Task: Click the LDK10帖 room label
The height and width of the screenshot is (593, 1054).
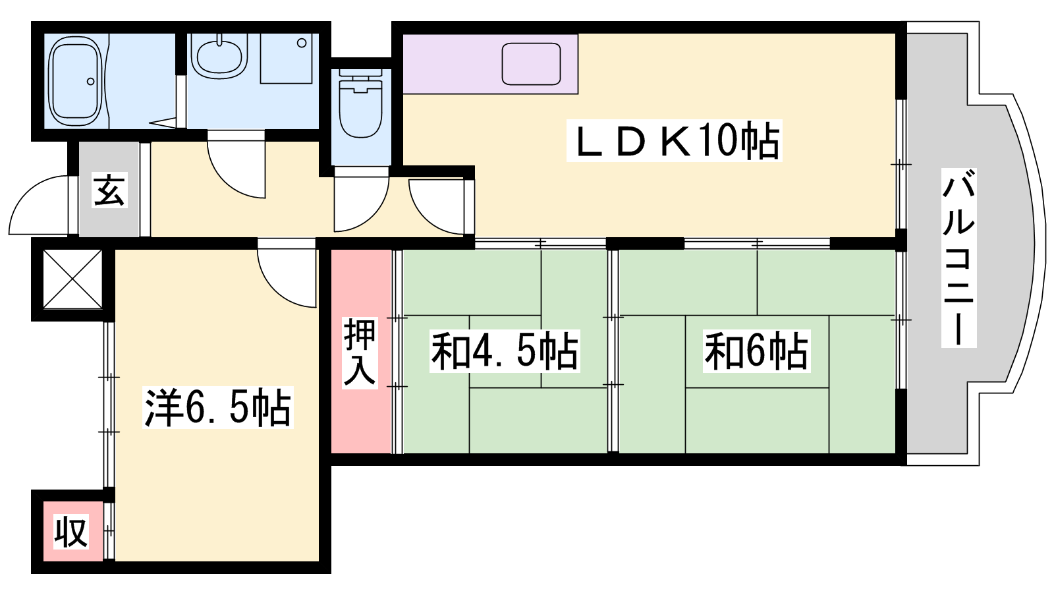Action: coord(674,140)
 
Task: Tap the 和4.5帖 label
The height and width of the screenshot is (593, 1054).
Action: coord(505,351)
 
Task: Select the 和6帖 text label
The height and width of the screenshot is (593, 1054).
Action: coord(756,351)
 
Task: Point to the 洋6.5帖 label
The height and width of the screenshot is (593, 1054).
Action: coord(218,408)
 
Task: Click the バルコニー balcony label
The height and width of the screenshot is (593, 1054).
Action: coord(958,258)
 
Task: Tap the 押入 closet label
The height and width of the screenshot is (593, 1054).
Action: coord(360,353)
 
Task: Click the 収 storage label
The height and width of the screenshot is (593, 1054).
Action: coord(71,532)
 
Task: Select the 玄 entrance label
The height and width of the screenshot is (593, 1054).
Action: coord(109,191)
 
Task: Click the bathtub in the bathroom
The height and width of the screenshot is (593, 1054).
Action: coord(75,82)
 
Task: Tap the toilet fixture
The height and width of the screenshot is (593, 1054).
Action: coord(361,105)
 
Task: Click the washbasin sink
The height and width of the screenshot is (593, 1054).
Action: coord(219,59)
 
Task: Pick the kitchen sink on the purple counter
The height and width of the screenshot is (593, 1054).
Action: coord(531,64)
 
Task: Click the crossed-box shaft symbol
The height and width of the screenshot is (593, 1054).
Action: coord(72,279)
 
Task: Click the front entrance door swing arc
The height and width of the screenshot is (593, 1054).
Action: coord(40,205)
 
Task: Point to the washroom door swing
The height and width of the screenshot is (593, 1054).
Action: coord(236,169)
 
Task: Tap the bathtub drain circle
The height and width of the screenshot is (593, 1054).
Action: coord(91,82)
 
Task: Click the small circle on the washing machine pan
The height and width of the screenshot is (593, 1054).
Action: coord(302,43)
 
